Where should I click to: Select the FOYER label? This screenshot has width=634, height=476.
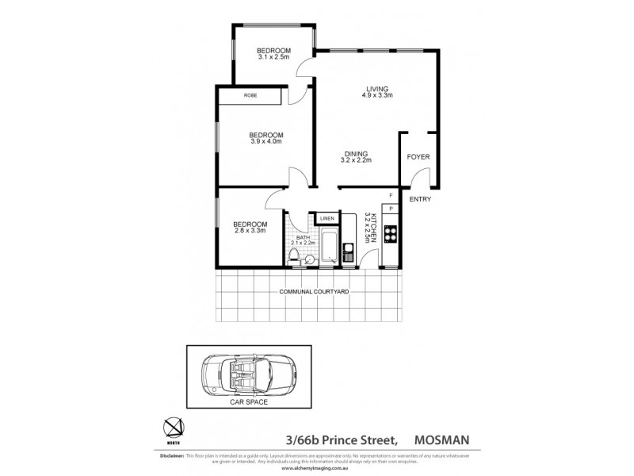coord(418,157)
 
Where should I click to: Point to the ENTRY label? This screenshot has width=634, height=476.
coord(420,199)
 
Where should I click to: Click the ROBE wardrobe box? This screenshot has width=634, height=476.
coord(250,96)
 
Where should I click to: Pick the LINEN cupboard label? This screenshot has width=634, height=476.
coord(327,218)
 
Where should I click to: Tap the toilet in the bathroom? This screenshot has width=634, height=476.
coord(295,255)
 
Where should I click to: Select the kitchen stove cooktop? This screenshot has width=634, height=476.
coord(391,233)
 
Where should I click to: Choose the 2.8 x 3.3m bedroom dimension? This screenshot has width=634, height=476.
coord(250,231)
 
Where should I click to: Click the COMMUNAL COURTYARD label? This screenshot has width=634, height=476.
coord(315,293)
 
